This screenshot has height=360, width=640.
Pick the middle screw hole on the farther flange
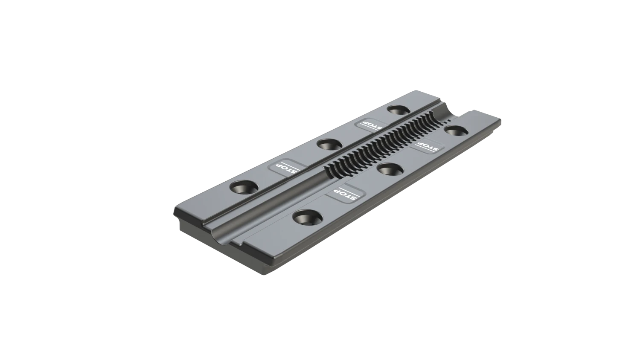tap(328, 144)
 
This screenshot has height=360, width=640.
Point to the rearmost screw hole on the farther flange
tap(398, 110)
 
